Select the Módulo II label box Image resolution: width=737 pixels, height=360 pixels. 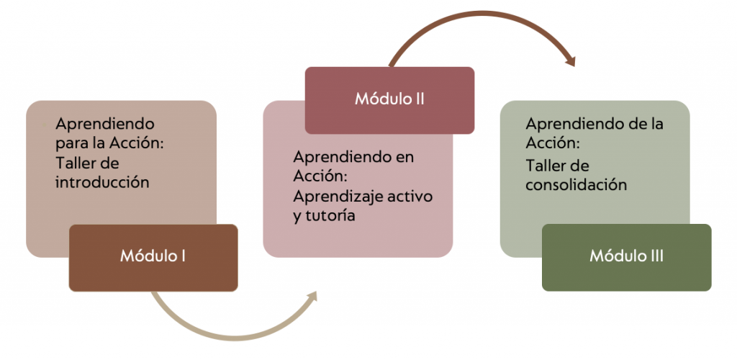389,100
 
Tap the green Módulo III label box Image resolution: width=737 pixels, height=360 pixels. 626,257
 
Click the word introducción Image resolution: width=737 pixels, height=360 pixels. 102,182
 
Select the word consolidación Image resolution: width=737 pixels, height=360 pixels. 576,185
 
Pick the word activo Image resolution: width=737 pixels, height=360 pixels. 410,197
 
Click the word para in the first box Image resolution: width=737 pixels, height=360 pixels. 70,143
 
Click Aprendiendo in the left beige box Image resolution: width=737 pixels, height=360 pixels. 105,124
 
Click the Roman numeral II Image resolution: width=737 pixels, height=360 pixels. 417,100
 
